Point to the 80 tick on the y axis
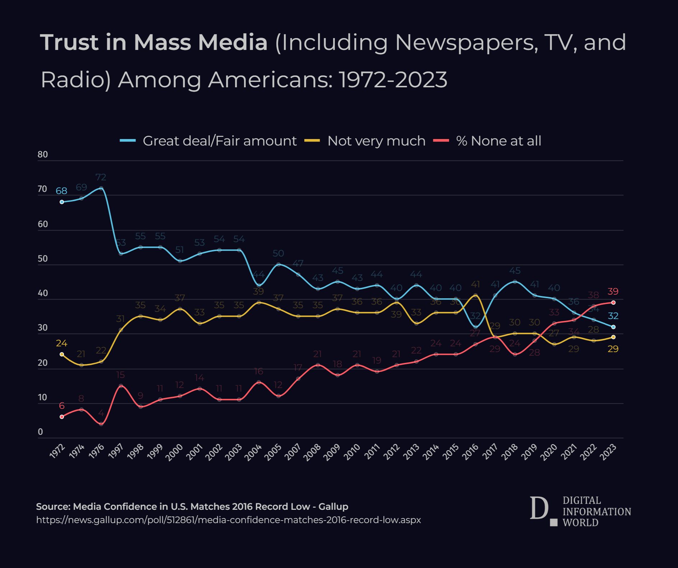[42, 154]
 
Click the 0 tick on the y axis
[40, 432]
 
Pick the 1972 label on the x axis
[57, 451]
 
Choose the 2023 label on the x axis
[609, 451]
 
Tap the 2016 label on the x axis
[471, 451]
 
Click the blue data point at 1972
[62, 202]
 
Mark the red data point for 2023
[613, 303]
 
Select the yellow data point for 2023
[613, 337]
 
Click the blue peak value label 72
[101, 177]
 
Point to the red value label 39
[613, 291]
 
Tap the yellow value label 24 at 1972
[61, 343]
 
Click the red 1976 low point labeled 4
[101, 424]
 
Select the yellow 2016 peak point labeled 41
[476, 296]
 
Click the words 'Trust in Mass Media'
[154, 42]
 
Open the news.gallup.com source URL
[229, 520]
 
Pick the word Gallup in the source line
[333, 507]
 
